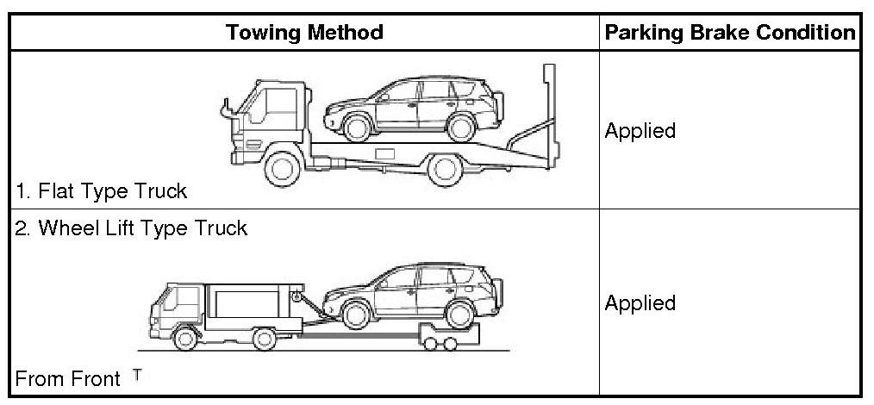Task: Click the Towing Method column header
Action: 304,33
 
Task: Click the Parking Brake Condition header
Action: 729,33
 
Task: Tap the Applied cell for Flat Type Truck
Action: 640,131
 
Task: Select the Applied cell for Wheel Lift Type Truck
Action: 640,303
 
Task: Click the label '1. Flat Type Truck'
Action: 101,190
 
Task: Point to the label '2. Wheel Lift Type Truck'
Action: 131,228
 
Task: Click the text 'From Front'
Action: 68,378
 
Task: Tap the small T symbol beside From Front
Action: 137,374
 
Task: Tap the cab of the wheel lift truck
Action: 176,306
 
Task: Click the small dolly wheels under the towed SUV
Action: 439,343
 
